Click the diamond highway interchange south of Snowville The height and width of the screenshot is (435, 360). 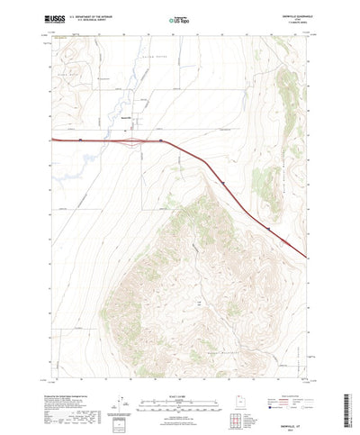[132, 140]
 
